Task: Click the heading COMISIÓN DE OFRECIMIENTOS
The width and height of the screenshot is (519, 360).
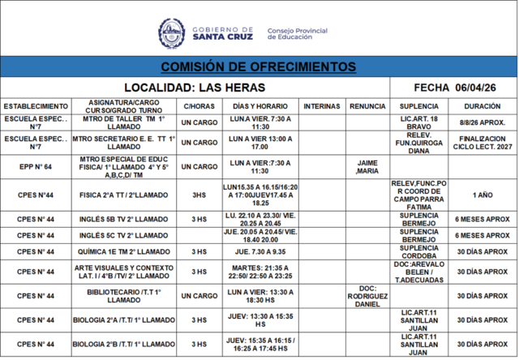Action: pyautogui.click(x=259, y=66)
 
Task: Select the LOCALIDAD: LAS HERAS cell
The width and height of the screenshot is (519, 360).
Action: pyautogui.click(x=195, y=87)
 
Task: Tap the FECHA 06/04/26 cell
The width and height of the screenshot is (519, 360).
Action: pyautogui.click(x=453, y=87)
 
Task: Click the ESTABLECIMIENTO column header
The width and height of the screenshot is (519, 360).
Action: pyautogui.click(x=35, y=106)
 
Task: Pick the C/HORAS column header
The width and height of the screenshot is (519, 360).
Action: pyautogui.click(x=199, y=106)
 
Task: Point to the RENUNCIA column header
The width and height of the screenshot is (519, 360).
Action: pyautogui.click(x=367, y=106)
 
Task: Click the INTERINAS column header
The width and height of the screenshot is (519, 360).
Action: pyautogui.click(x=321, y=106)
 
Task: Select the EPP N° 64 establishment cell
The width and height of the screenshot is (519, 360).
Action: pyautogui.click(x=35, y=166)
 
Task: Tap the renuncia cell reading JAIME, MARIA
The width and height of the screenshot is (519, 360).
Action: pyautogui.click(x=367, y=166)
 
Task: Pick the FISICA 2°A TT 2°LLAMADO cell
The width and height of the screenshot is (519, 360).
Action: pyautogui.click(x=124, y=195)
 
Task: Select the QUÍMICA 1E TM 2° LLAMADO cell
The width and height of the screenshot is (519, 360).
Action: pyautogui.click(x=124, y=252)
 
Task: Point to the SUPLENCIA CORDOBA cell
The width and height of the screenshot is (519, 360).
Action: pyautogui.click(x=418, y=252)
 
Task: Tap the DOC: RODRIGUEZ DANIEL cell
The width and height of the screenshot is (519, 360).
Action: pyautogui.click(x=367, y=296)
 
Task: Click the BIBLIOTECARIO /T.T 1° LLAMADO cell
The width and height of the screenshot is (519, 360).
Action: pyautogui.click(x=124, y=296)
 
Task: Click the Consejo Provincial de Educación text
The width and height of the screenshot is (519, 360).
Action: pyautogui.click(x=297, y=34)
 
